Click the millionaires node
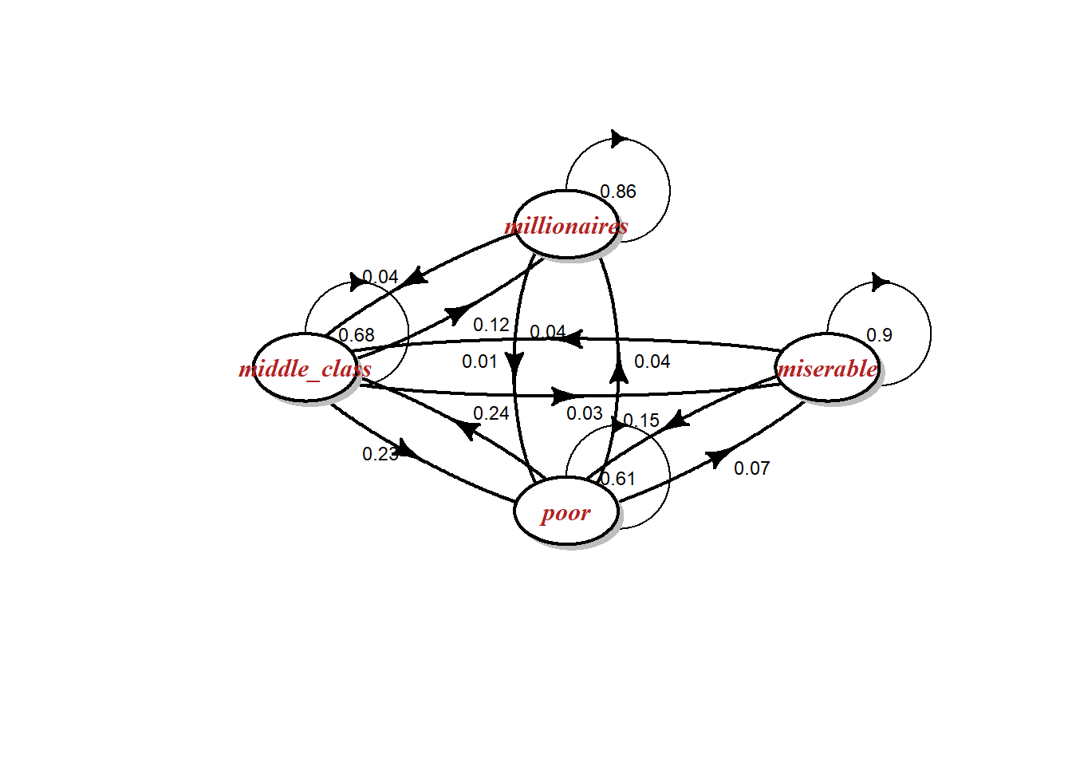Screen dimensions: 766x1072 pos(566,225)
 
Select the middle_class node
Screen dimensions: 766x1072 pos(305,368)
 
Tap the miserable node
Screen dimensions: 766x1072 pos(827,368)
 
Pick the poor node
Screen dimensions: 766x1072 pos(566,511)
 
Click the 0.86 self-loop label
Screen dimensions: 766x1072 pos(618,191)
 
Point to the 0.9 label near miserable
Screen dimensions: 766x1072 pos(879,335)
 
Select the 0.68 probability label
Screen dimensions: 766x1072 pos(357,335)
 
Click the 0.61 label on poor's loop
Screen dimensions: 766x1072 pos(618,479)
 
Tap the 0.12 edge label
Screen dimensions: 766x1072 pos(491,325)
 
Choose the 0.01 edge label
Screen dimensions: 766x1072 pos(479,361)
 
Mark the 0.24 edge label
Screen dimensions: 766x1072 pos(491,413)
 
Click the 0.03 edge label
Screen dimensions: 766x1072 pos(585,413)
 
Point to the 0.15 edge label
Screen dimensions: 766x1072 pos(641,421)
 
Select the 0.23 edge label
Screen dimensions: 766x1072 pos(380,454)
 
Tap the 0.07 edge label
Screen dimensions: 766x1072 pos(751,468)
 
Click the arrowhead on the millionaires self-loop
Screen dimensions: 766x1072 pos(618,139)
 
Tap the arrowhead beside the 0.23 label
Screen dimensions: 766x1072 pos(408,449)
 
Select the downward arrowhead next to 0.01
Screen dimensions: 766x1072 pos(514,363)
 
